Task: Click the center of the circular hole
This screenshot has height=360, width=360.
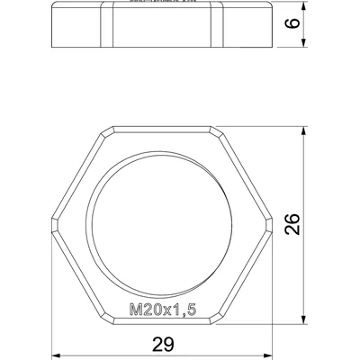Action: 156,213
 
